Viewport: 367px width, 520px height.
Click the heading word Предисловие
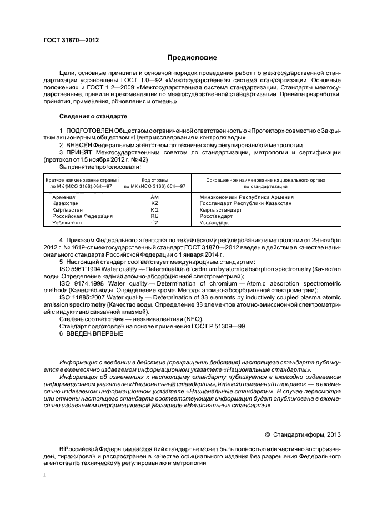click(193, 58)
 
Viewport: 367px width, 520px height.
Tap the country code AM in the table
click(154, 197)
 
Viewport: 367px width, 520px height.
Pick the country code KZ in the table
click(154, 203)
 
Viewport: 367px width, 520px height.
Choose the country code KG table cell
click(154, 210)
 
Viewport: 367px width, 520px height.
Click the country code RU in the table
click(154, 216)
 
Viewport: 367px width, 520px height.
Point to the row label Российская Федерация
click(74, 216)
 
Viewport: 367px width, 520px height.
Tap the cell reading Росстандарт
click(217, 216)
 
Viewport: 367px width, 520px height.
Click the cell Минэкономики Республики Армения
click(247, 197)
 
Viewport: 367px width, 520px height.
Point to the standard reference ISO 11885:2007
click(83, 297)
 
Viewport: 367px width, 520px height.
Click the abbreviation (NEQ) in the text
click(192, 318)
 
